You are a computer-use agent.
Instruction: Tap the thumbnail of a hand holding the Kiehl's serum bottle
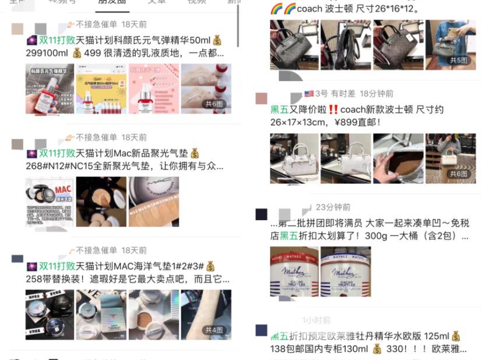click(x=50, y=89)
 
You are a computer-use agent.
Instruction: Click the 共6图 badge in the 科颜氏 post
click(x=214, y=104)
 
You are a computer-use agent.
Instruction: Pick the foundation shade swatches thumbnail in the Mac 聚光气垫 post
click(x=153, y=202)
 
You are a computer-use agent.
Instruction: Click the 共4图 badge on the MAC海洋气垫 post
click(x=214, y=330)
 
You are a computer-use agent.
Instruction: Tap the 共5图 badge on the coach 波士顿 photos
click(x=458, y=60)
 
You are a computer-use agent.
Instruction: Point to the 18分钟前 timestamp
click(x=376, y=94)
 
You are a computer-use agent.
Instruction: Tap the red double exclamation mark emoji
click(x=333, y=110)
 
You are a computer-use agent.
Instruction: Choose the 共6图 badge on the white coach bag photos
click(x=458, y=174)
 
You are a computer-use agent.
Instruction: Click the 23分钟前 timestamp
click(x=333, y=207)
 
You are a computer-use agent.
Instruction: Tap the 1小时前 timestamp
click(x=316, y=320)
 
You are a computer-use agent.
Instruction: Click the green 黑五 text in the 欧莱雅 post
click(x=280, y=336)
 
